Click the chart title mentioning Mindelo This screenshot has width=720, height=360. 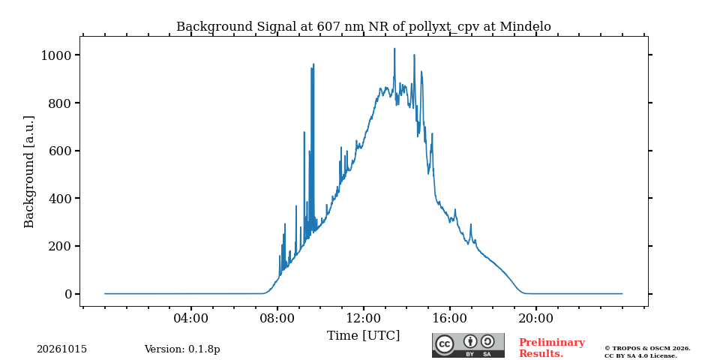pyautogui.click(x=363, y=27)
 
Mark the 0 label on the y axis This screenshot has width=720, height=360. pyautogui.click(x=69, y=294)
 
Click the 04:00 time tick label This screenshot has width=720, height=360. pyautogui.click(x=191, y=318)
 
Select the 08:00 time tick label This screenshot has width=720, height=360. pyautogui.click(x=277, y=318)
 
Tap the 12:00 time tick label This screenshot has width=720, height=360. pyautogui.click(x=364, y=318)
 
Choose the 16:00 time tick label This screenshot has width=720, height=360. pyautogui.click(x=449, y=318)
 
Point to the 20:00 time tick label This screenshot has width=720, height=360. pyautogui.click(x=535, y=318)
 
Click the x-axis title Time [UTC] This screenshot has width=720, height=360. pyautogui.click(x=363, y=336)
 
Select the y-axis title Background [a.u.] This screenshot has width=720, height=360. pyautogui.click(x=29, y=172)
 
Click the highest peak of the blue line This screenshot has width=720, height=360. pyautogui.click(x=394, y=48)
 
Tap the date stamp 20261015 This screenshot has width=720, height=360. pyautogui.click(x=62, y=349)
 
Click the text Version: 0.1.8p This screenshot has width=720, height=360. pyautogui.click(x=182, y=349)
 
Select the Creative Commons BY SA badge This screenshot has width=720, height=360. pyautogui.click(x=468, y=345)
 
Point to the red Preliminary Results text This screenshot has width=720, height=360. pyautogui.click(x=552, y=348)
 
